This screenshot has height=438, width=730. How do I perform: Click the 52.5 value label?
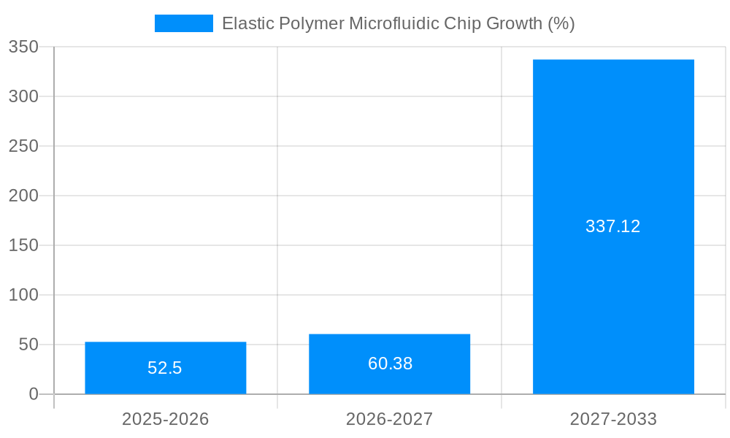(x=165, y=368)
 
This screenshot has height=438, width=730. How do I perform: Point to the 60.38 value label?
(x=390, y=364)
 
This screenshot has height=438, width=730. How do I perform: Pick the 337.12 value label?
(x=613, y=226)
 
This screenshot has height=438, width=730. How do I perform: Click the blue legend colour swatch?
(x=184, y=23)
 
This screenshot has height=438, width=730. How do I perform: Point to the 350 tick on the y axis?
(x=23, y=47)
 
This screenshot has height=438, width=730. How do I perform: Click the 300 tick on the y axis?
(x=23, y=96)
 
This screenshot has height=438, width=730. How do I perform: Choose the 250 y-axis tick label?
(x=23, y=146)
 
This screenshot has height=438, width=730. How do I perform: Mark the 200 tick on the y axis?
(x=23, y=196)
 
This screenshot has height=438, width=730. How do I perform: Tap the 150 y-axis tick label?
(x=23, y=245)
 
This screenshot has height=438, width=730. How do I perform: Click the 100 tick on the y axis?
(x=23, y=295)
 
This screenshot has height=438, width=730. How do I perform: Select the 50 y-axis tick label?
(x=28, y=345)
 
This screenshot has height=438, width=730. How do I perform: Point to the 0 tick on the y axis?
(x=34, y=394)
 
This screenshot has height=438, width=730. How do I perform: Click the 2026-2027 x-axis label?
(x=389, y=419)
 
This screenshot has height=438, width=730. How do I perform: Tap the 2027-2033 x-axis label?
(x=613, y=419)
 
